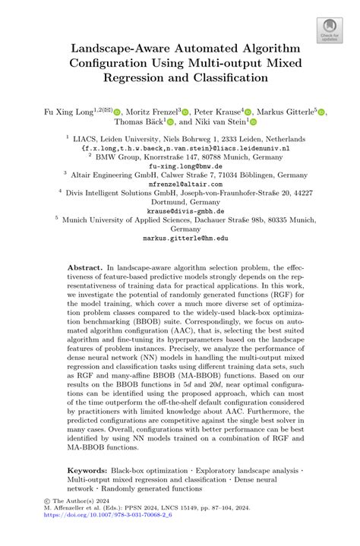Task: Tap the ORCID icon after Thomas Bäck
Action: point(170,122)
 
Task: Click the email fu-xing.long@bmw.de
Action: point(179,166)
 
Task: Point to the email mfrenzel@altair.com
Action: point(179,184)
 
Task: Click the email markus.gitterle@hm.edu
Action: point(179,238)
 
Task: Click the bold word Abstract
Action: point(84,268)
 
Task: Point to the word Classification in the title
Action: point(232,77)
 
